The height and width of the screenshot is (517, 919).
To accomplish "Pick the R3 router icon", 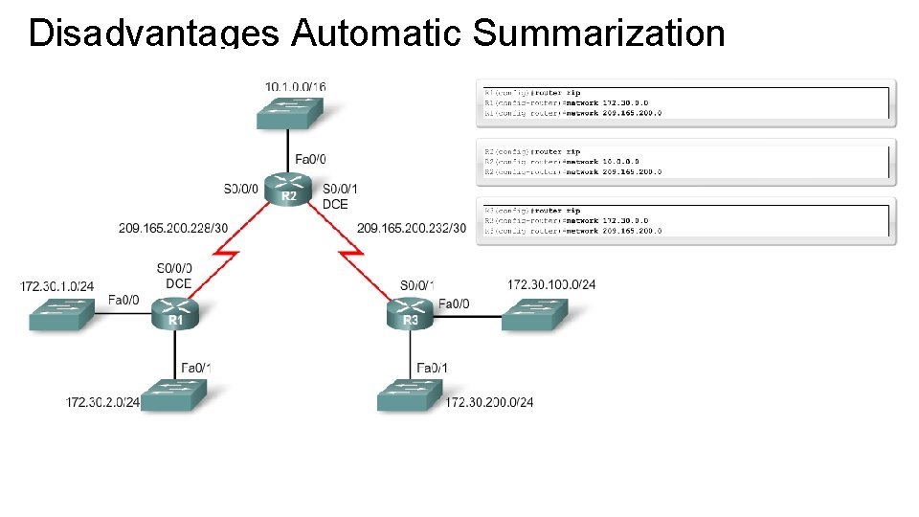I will (x=411, y=313).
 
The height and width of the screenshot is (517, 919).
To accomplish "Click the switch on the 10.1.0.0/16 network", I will (x=288, y=111).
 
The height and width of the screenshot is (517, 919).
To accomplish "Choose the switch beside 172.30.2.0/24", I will (x=173, y=394).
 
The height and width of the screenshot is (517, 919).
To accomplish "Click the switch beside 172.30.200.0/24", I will (x=410, y=394).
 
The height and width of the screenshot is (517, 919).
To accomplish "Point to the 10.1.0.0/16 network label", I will (x=295, y=87).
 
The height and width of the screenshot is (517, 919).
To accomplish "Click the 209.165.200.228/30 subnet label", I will (x=173, y=228).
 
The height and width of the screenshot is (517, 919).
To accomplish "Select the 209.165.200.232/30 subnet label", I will (x=412, y=228).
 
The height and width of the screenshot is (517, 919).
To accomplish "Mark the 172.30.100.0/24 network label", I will (x=551, y=284).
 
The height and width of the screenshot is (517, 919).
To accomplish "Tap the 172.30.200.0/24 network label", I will (x=489, y=402).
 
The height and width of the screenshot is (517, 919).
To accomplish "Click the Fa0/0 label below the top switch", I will (x=310, y=159).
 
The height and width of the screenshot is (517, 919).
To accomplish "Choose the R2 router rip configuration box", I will (x=685, y=162).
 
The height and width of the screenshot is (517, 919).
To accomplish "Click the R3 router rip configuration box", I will (x=685, y=220).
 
